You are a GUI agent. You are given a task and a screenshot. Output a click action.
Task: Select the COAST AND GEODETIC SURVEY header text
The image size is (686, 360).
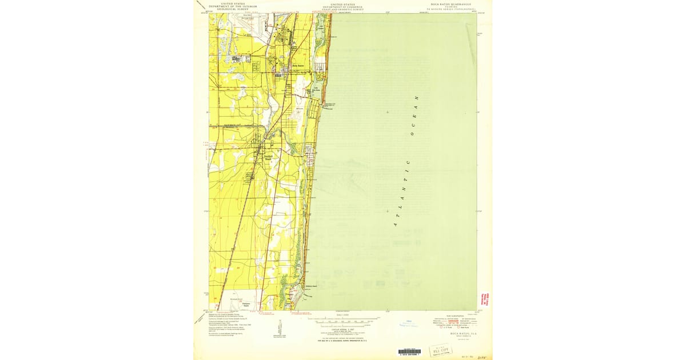click(342, 10)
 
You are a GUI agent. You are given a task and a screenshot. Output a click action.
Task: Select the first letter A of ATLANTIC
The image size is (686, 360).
click(394, 225)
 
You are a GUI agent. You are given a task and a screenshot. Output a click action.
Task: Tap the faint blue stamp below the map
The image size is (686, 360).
click(409, 323)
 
